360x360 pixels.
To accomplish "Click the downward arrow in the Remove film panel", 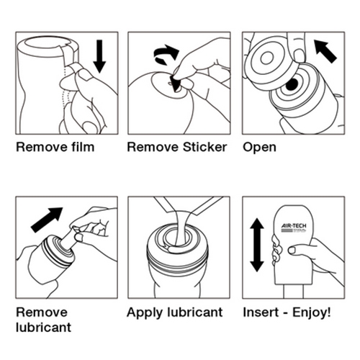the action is point(99,56).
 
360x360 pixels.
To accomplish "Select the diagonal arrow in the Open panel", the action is point(325,51).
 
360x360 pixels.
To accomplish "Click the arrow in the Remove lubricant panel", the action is point(47,220).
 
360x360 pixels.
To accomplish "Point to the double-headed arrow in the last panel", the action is point(257,245).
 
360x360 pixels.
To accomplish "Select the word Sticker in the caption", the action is point(204,147).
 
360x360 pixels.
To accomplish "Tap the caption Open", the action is point(259,148).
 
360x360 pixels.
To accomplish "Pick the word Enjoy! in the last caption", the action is point(312,313).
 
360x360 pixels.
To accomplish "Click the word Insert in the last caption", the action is point(261,312).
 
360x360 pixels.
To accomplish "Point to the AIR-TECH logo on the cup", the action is point(294,228).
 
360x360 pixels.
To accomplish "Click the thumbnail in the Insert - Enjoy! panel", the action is point(292,250).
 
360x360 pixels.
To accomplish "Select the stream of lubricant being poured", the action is point(181,228).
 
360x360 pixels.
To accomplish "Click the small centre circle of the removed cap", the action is point(267,58).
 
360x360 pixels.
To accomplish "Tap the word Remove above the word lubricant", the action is point(42,312).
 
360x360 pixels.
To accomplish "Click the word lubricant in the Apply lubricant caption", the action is point(195,312).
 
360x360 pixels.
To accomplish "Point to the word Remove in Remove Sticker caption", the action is point(153,147).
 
